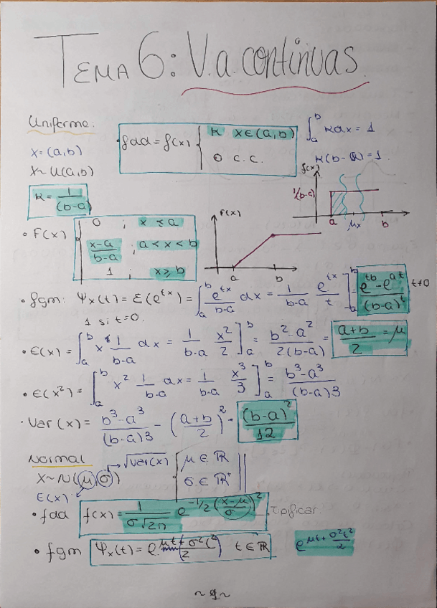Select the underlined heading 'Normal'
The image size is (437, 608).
57,458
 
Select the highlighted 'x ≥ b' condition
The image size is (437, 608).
168,272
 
